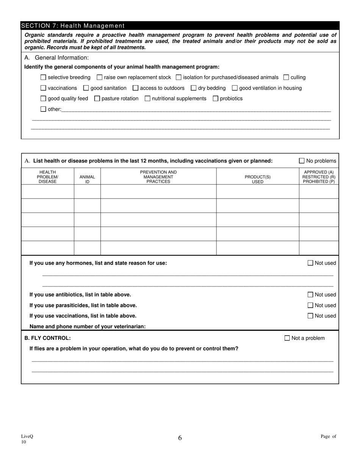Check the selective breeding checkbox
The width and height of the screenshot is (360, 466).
pyautogui.click(x=43, y=77)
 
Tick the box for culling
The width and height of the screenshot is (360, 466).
pyautogui.click(x=286, y=77)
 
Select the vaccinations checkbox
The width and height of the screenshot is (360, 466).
pyautogui.click(x=43, y=88)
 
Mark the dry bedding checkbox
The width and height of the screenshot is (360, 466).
pyautogui.click(x=194, y=88)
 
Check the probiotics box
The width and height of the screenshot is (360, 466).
pyautogui.click(x=216, y=99)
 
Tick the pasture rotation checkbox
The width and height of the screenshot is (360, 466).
pyautogui.click(x=97, y=99)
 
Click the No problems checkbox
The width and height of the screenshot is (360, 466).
pyautogui.click(x=302, y=161)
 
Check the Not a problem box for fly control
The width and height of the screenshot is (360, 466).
pyautogui.click(x=287, y=338)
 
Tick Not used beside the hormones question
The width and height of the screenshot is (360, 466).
pyautogui.click(x=310, y=263)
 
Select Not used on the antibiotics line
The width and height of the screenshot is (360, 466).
pyautogui.click(x=310, y=295)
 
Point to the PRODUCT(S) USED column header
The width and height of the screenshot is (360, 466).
pyautogui.click(x=258, y=179)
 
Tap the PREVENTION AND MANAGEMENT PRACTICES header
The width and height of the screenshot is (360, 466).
pyautogui.click(x=158, y=177)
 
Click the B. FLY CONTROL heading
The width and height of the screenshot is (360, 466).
pyautogui.click(x=47, y=338)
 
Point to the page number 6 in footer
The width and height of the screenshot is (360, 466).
pyautogui.click(x=180, y=438)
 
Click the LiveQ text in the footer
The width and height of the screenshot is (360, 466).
pyautogui.click(x=27, y=436)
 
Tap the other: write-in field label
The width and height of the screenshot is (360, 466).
pyautogui.click(x=54, y=109)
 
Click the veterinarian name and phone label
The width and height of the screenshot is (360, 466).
pyautogui.click(x=88, y=326)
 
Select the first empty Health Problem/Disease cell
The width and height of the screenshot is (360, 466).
pyautogui.click(x=47, y=191)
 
